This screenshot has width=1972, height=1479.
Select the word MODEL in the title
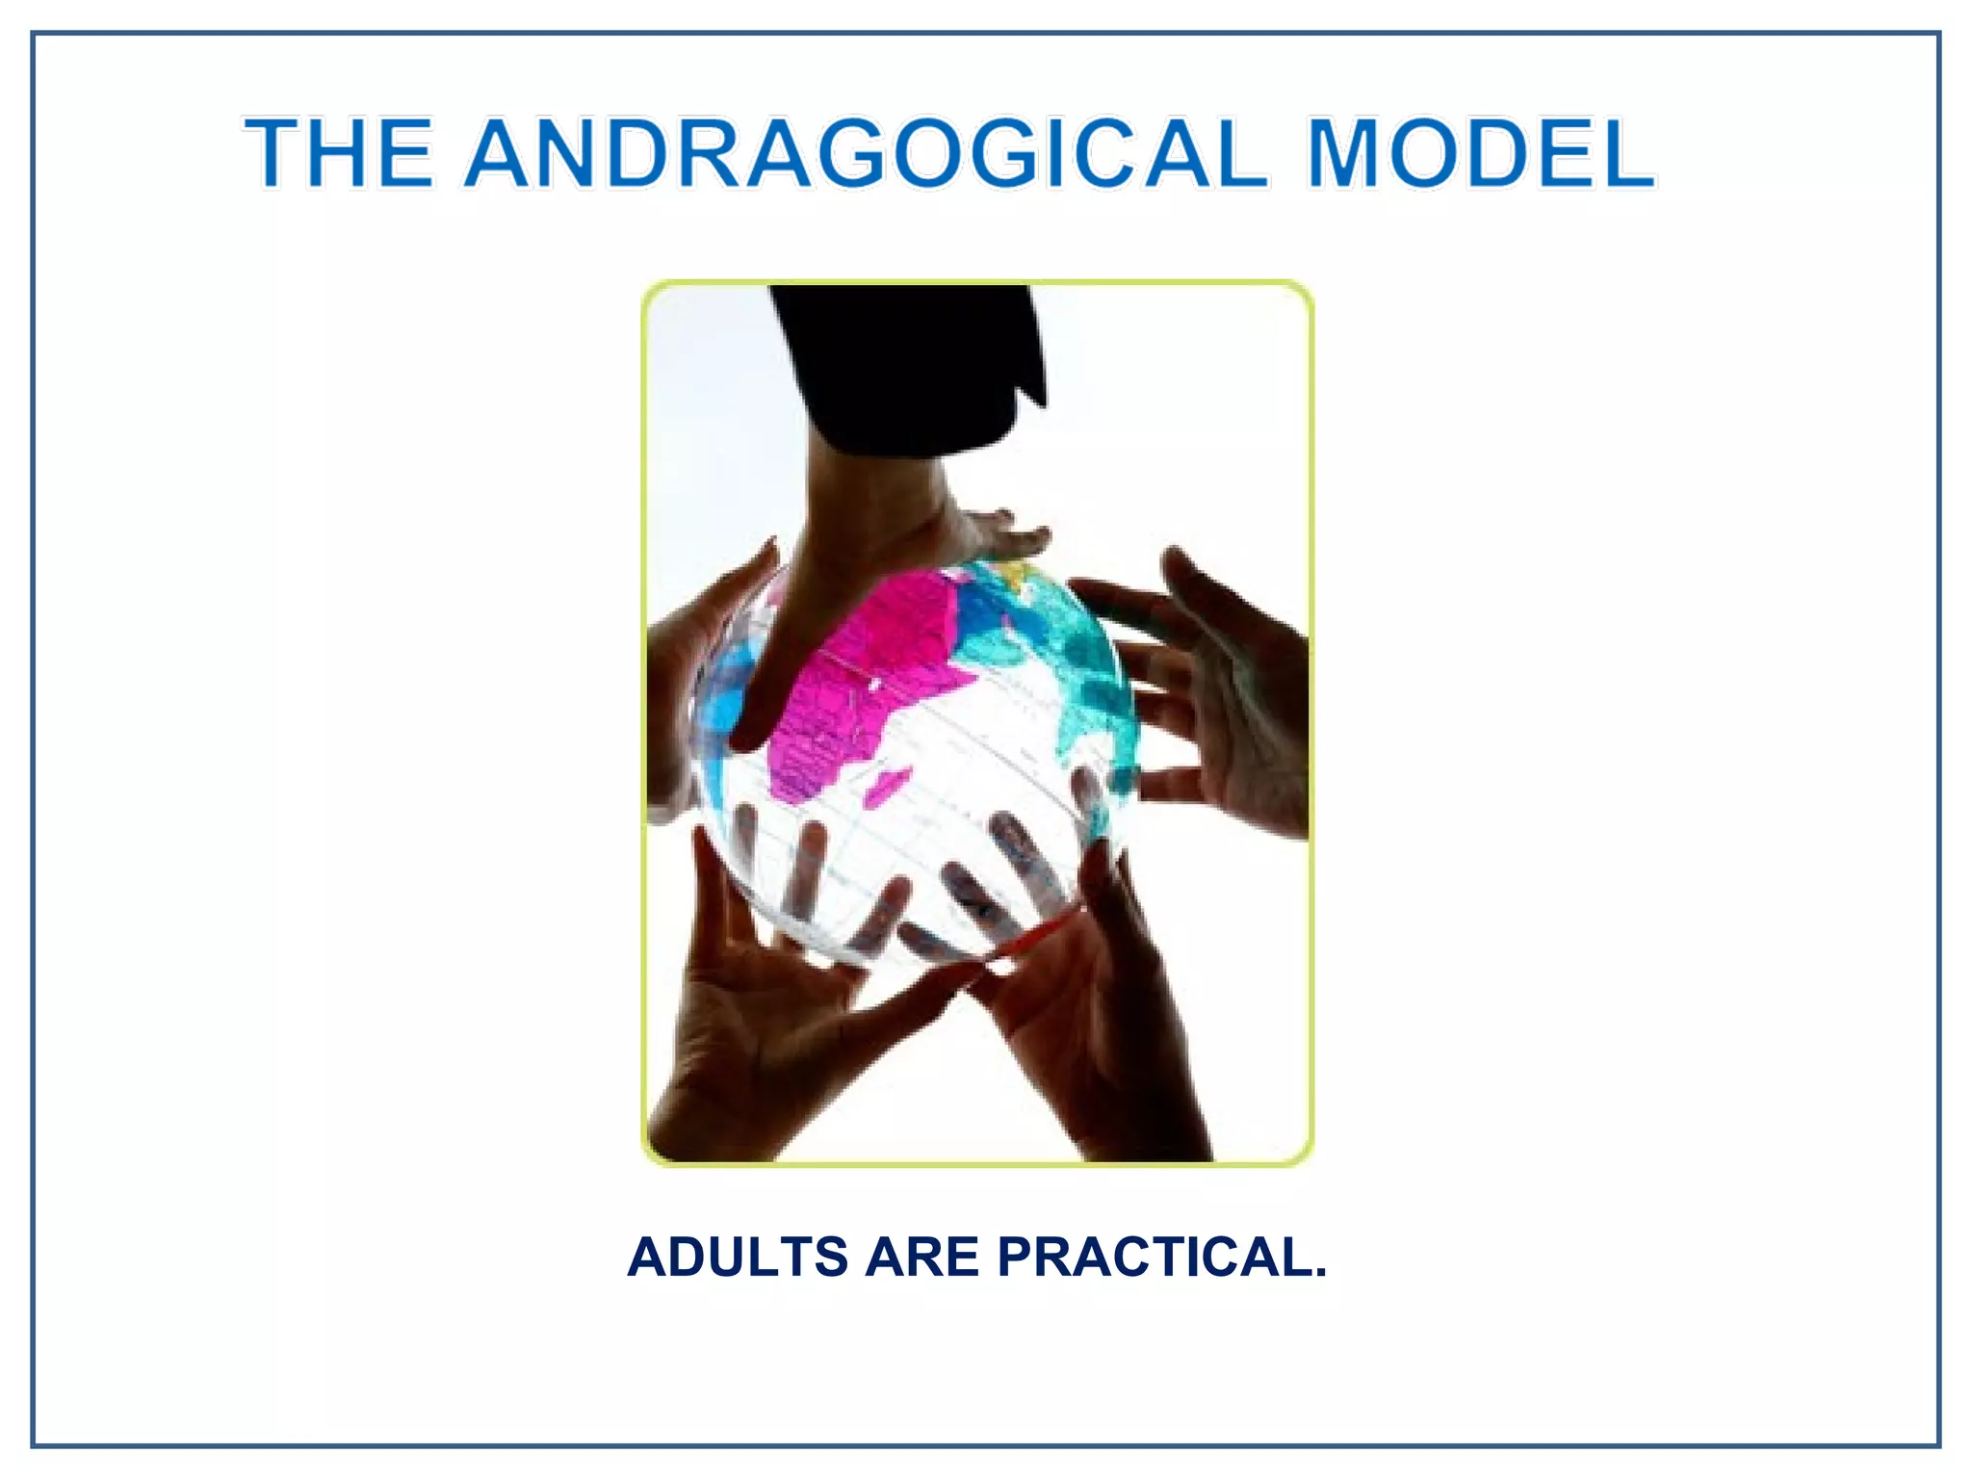click(1481, 154)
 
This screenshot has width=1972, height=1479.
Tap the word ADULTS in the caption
click(738, 1258)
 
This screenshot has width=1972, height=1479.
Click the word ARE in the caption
click(921, 1258)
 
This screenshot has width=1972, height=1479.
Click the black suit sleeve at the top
click(905, 366)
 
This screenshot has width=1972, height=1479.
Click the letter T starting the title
click(272, 154)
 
